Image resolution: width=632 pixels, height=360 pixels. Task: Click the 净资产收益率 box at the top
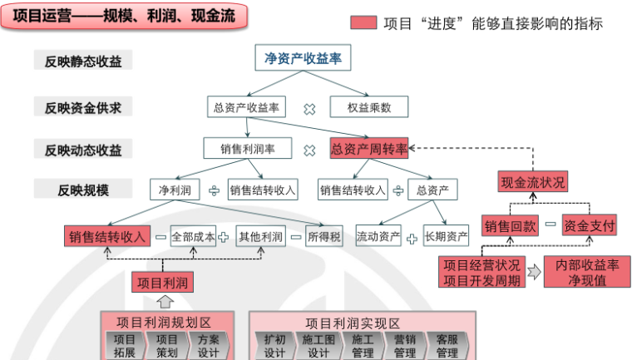click(303, 59)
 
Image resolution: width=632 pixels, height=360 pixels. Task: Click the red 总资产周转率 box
click(369, 149)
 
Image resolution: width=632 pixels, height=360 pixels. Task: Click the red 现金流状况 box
click(533, 182)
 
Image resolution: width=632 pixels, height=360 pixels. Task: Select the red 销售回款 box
click(511, 225)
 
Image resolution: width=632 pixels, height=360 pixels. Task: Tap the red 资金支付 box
click(589, 225)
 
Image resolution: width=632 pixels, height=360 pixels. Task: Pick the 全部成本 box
click(193, 237)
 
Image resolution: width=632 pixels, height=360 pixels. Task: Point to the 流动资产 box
click(378, 237)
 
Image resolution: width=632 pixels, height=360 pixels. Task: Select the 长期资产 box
click(446, 237)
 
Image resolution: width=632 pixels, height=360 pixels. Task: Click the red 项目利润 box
click(165, 283)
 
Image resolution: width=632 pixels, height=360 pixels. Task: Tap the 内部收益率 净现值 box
click(587, 272)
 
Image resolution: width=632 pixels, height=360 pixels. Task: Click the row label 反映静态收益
click(83, 61)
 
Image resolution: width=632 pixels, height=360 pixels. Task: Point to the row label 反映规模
click(83, 190)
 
